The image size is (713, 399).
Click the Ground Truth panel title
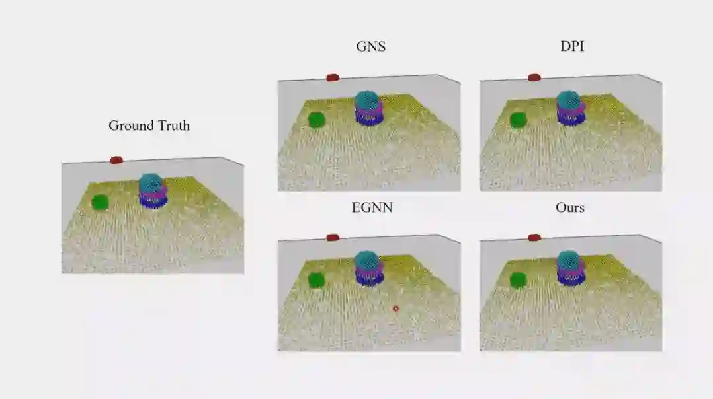(x=149, y=126)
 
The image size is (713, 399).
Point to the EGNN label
(x=371, y=207)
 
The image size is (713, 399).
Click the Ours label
(x=570, y=207)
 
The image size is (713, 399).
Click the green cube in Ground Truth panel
(x=100, y=202)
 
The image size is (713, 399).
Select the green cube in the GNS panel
(x=316, y=120)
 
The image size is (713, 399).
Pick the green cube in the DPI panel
(x=518, y=120)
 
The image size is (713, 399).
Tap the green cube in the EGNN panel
(x=316, y=280)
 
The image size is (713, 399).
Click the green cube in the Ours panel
(x=518, y=280)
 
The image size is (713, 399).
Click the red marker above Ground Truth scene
(x=116, y=160)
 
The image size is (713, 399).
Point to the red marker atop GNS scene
(x=333, y=77)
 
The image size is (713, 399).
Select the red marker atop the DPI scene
(x=534, y=77)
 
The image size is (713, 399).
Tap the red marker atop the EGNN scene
(x=333, y=237)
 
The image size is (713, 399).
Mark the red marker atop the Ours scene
(x=534, y=237)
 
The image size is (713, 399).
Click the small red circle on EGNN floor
(x=396, y=308)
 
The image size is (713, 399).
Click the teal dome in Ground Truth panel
(x=151, y=182)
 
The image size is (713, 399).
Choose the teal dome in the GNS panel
(x=367, y=100)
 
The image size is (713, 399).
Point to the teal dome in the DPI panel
(x=568, y=100)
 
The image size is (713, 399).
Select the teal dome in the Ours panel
(x=568, y=260)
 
